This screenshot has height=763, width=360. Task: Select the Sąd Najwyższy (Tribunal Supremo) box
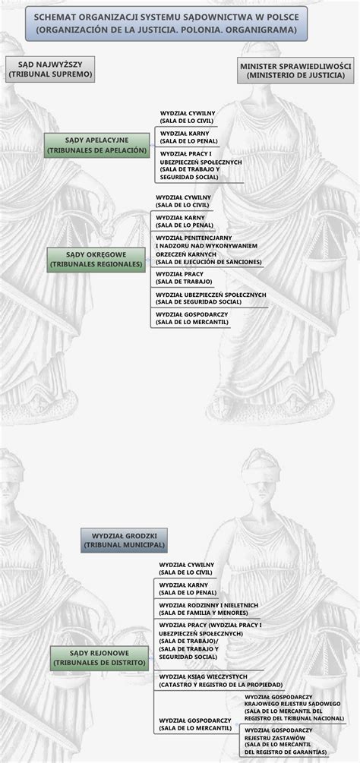coord(51,70)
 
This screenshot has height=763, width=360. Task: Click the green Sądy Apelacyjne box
coord(96,145)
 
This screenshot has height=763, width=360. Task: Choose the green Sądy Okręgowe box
coord(96,259)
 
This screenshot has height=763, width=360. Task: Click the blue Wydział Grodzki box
coord(125,540)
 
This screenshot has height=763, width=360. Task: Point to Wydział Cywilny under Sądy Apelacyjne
coord(188,116)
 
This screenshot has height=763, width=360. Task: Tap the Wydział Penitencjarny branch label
coord(207,249)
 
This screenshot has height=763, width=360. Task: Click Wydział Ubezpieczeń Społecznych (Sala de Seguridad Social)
coord(210,298)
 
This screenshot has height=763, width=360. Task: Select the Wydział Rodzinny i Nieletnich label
coord(208,608)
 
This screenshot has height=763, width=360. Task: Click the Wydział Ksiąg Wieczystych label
coord(209,680)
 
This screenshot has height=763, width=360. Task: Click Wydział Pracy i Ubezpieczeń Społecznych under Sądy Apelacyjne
coord(201,166)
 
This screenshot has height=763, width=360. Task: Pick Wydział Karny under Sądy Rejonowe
coord(187,588)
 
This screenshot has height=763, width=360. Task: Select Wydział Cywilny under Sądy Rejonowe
coord(187,569)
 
